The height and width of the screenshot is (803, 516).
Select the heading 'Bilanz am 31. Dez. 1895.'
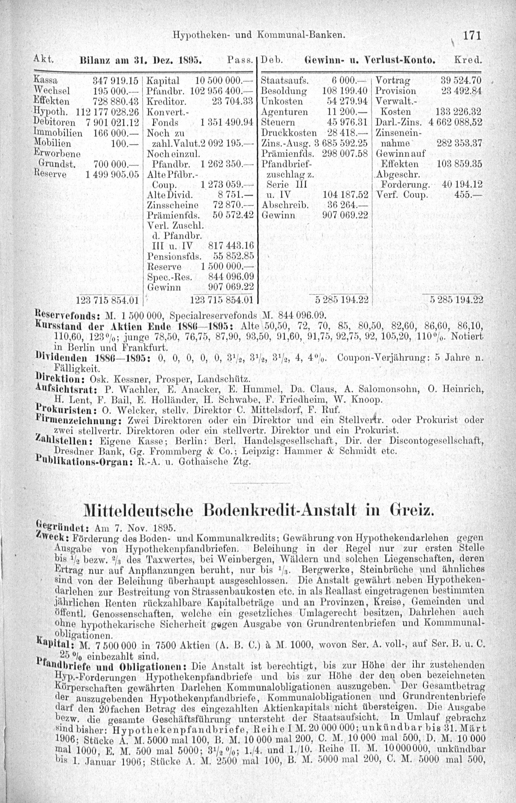coord(140,62)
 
